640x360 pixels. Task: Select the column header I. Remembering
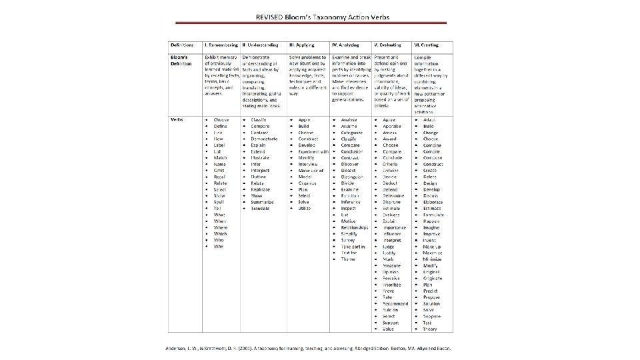[223, 45]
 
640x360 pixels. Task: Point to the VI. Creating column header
[427, 45]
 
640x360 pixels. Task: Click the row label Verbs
[177, 119]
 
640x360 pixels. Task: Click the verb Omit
[219, 170]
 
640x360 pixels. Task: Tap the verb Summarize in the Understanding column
[263, 202]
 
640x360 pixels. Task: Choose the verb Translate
[261, 209]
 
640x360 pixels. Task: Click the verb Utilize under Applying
[305, 209]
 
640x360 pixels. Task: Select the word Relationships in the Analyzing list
[354, 227]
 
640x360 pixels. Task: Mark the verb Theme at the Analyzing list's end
[348, 259]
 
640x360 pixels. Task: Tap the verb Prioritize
[393, 285]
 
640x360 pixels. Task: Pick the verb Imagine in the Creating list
[431, 227]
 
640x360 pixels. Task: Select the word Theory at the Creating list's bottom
[430, 329]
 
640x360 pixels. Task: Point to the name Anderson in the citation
[177, 349]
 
